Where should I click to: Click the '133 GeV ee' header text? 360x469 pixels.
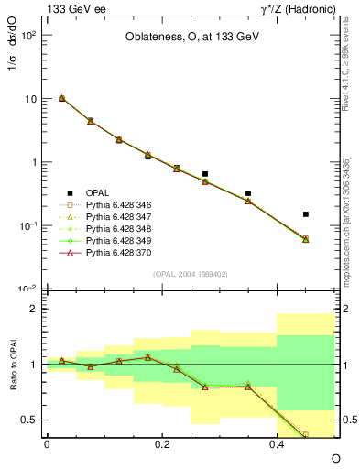click(x=72, y=8)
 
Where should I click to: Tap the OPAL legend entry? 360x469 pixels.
click(x=97, y=192)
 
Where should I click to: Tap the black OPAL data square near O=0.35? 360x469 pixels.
click(x=248, y=193)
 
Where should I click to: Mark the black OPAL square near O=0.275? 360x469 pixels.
click(x=205, y=173)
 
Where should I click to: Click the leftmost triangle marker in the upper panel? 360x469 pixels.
click(x=61, y=98)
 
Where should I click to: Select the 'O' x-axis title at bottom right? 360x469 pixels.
click(x=335, y=458)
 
